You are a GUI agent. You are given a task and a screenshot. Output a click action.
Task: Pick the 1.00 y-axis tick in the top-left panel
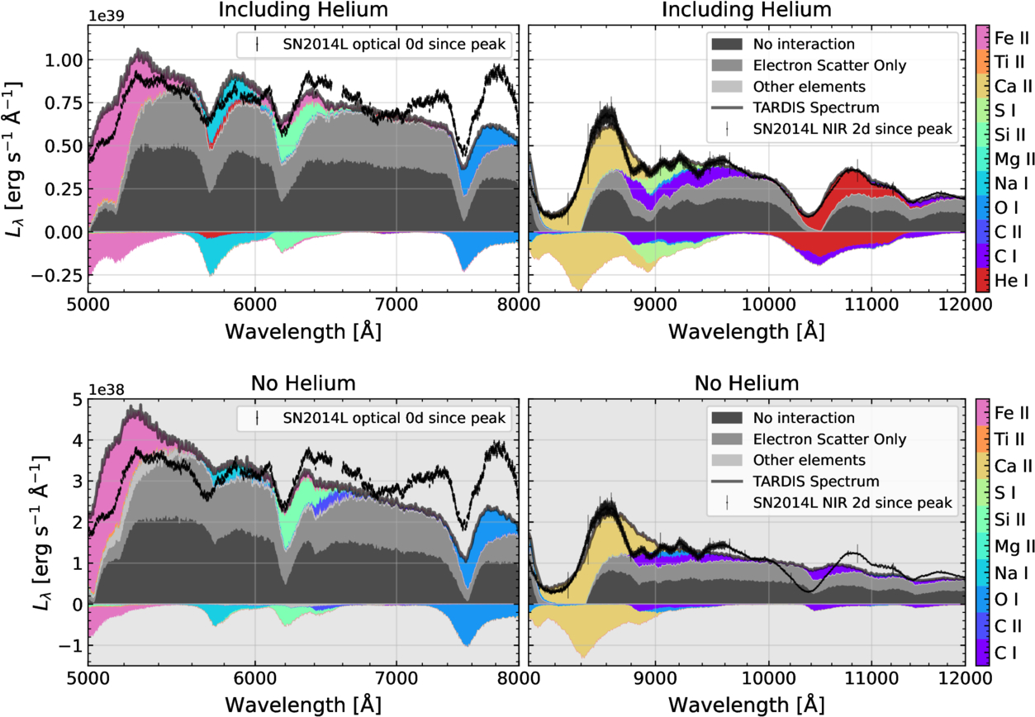[x=62, y=60]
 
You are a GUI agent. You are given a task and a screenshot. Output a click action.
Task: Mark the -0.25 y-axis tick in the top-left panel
[x=59, y=275]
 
